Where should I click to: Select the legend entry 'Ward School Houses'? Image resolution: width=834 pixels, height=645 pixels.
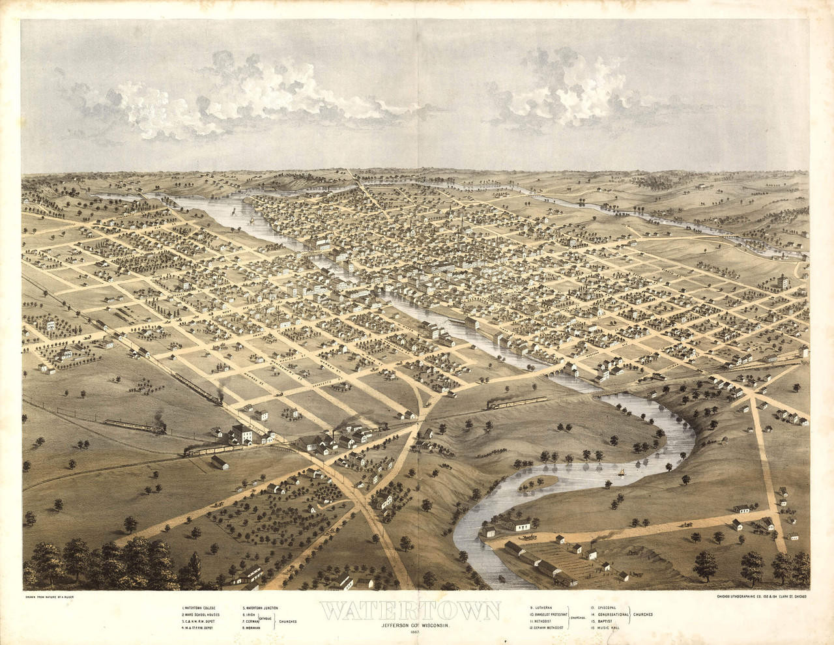202,614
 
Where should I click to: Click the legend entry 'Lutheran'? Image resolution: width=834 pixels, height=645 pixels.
541,608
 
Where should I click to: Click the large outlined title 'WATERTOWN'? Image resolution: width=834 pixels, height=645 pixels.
410,611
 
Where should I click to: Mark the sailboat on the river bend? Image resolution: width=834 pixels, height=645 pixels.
622,472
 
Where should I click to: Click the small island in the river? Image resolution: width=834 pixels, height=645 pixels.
538,483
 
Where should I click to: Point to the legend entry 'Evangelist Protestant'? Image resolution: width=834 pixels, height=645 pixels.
549,614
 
